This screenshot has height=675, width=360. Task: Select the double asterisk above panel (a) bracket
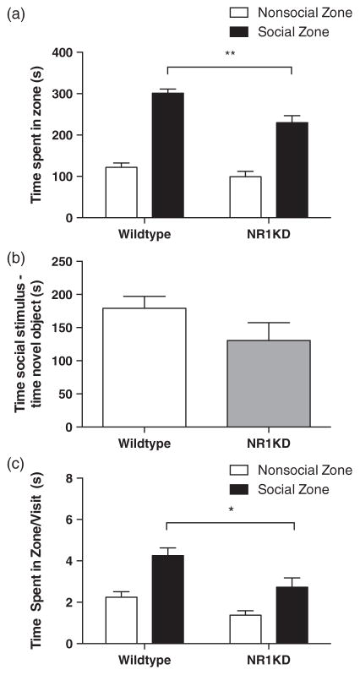[229, 55]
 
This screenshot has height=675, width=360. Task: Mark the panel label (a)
[14, 12]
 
